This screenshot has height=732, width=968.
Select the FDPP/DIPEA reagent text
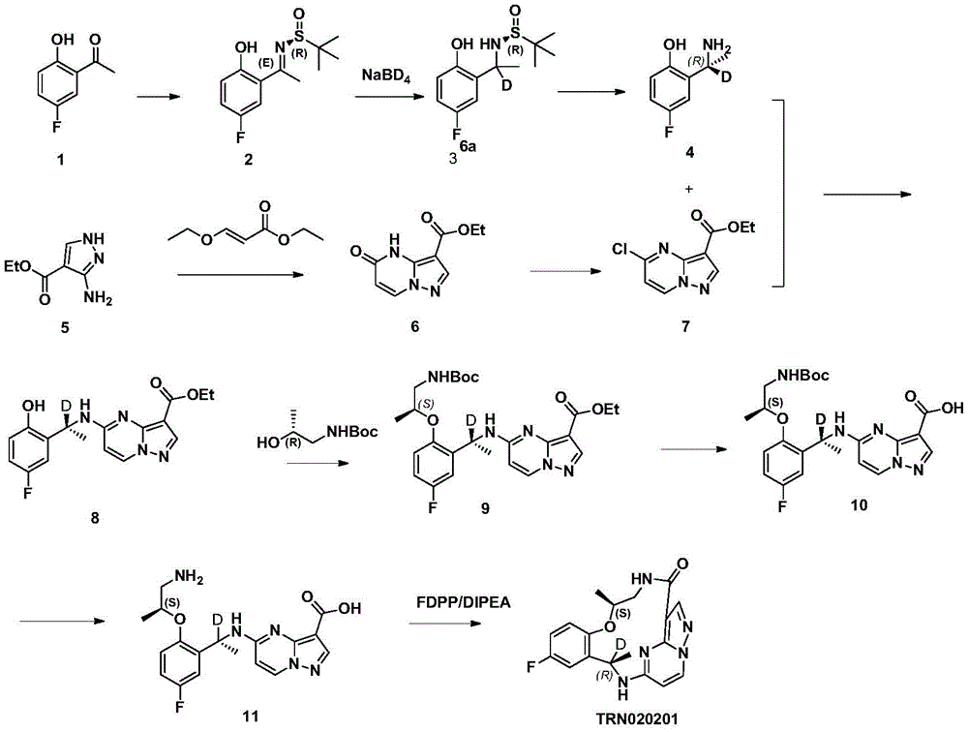(464, 601)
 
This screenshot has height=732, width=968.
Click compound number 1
(60, 160)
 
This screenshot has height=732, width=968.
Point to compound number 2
(248, 160)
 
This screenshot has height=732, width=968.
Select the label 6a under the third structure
(468, 146)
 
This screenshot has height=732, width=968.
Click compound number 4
(689, 152)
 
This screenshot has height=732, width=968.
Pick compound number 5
(65, 327)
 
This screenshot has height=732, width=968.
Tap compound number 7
(685, 326)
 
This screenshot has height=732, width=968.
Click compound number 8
(95, 518)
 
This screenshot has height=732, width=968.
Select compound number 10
(859, 505)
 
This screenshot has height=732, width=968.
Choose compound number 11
(250, 716)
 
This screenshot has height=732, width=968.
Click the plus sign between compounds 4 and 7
(689, 189)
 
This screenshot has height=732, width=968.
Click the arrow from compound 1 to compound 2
(159, 97)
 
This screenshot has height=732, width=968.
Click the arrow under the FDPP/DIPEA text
(444, 623)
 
